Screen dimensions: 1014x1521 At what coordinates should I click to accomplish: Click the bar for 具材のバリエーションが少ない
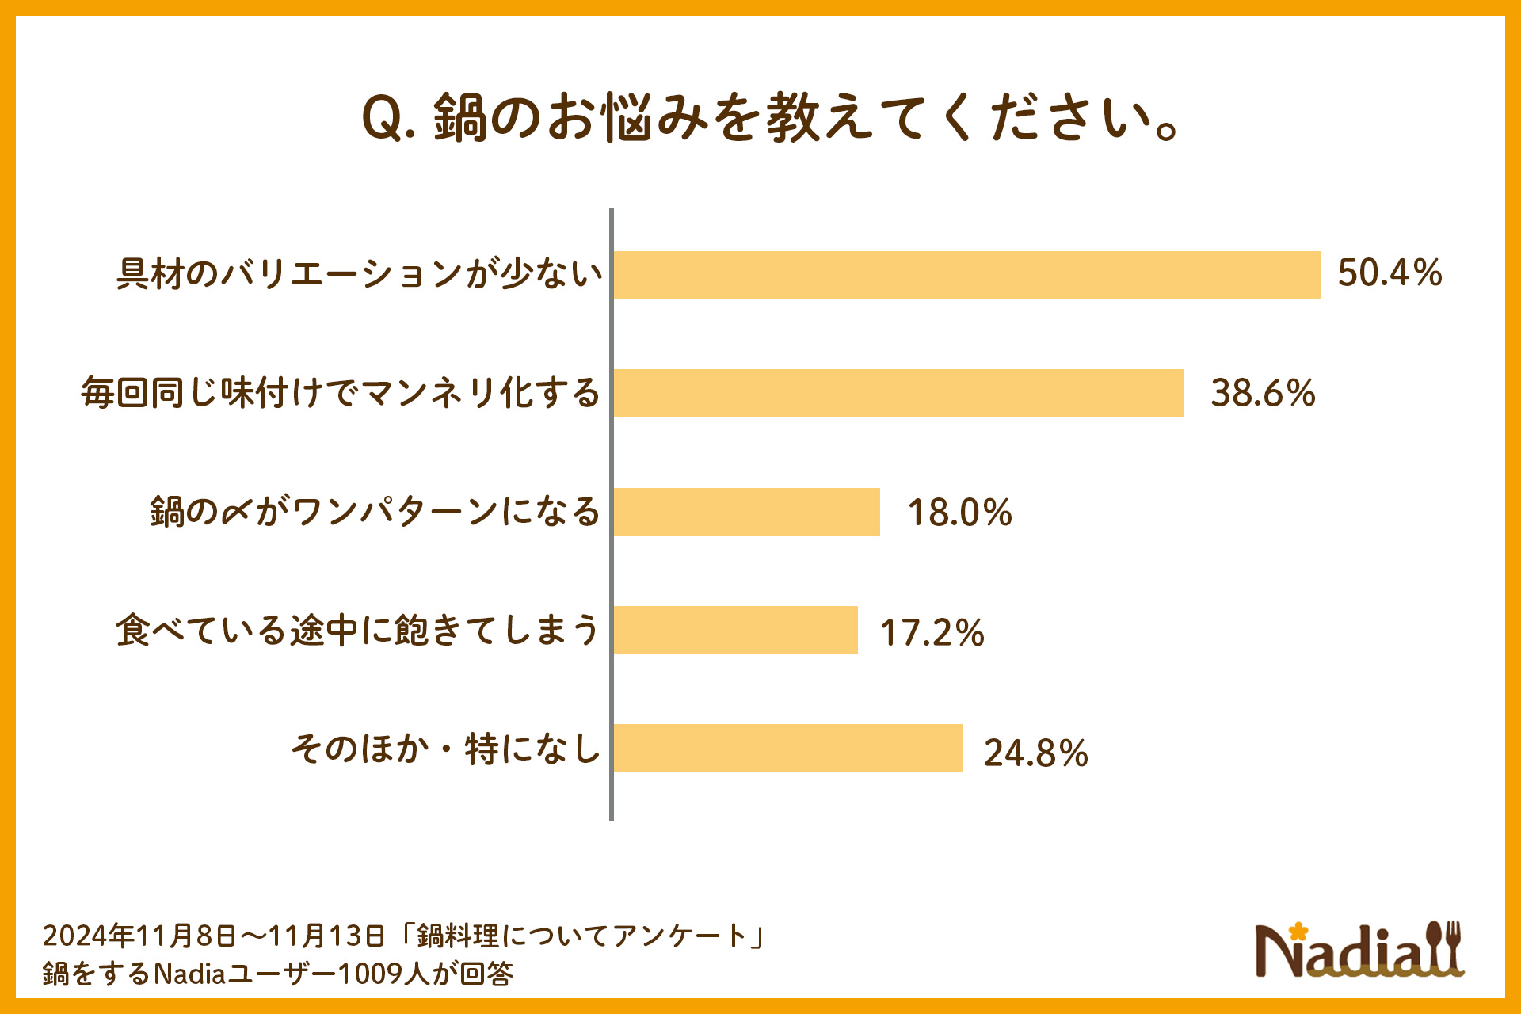click(966, 275)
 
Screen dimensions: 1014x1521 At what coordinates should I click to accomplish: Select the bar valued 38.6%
click(898, 393)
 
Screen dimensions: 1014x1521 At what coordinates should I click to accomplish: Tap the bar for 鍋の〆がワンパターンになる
click(746, 512)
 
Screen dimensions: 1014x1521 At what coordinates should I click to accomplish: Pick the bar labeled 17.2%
click(735, 630)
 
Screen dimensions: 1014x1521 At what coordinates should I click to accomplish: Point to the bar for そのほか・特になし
click(788, 748)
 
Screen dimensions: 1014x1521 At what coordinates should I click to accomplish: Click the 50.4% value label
click(1389, 273)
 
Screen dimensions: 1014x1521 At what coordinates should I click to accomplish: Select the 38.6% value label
click(1263, 393)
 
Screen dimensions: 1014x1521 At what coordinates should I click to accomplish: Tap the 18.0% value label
click(959, 513)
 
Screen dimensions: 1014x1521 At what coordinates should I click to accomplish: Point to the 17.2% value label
click(932, 633)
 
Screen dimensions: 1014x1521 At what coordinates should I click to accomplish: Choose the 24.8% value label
click(1035, 753)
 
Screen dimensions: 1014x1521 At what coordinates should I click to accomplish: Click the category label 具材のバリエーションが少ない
click(360, 274)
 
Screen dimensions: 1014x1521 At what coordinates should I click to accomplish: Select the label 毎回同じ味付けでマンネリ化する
click(341, 393)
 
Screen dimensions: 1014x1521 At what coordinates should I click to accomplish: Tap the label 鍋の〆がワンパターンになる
click(375, 512)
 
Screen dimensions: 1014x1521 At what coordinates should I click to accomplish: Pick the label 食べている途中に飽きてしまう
click(357, 631)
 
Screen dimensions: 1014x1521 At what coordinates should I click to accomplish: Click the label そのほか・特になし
click(445, 749)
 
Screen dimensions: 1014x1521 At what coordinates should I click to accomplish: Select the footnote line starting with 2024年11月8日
click(404, 936)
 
